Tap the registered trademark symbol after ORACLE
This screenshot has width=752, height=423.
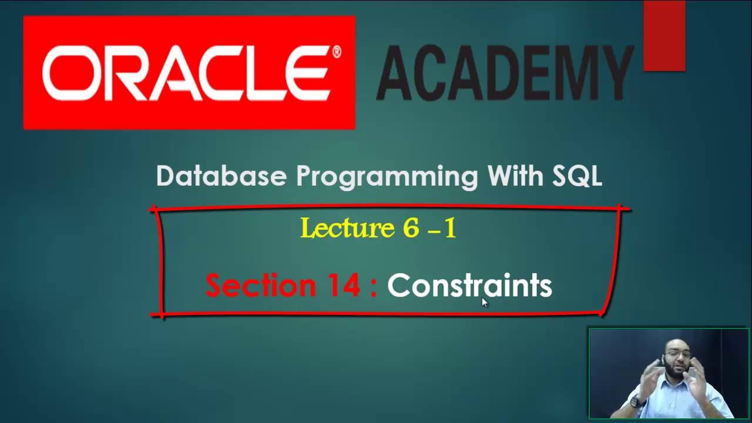pos(337,52)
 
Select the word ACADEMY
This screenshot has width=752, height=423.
pos(504,73)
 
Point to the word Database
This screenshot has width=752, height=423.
pos(221,176)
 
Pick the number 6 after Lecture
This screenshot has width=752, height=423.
pos(411,228)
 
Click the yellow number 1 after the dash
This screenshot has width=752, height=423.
pos(450,228)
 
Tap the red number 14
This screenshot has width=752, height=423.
pos(342,286)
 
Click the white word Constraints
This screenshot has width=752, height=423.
pos(469,286)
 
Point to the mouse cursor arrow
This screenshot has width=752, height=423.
pos(485,302)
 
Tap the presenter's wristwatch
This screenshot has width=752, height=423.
pos(634,403)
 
